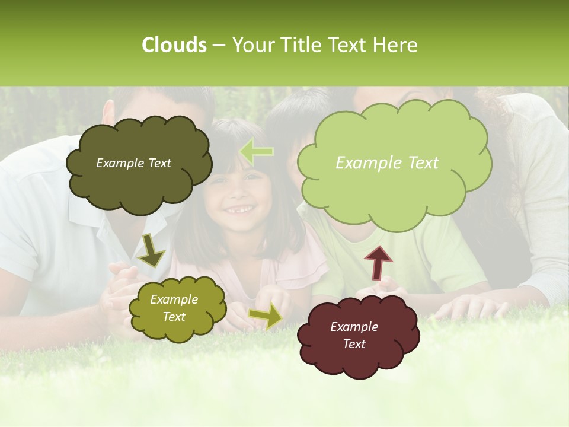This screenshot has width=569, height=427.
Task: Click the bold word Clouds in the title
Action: click(x=174, y=45)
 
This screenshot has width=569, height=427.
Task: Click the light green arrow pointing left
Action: click(x=256, y=152)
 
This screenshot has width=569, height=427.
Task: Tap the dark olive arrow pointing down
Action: click(x=151, y=250)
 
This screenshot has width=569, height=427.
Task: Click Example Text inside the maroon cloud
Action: click(x=354, y=335)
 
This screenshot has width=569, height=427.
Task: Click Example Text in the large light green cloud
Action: click(x=387, y=163)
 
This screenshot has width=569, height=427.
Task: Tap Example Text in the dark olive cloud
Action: click(x=133, y=163)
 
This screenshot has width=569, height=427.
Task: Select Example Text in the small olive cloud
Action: click(x=174, y=308)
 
